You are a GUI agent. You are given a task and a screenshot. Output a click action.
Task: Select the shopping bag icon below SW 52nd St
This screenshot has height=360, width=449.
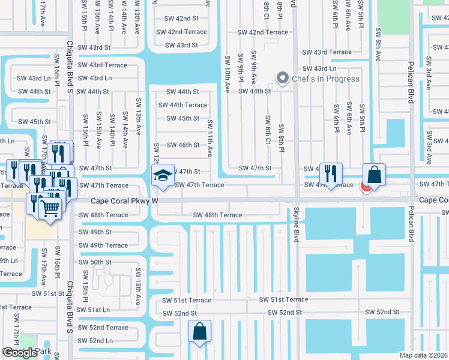(x=199, y=331)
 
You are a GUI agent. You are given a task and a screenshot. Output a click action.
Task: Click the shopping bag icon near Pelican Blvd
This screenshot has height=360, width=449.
(x=374, y=175)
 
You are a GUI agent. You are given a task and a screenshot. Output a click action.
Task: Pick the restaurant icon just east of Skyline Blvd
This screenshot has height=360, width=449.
(x=331, y=174)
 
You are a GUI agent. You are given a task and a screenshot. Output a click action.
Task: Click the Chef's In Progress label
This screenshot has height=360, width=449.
(x=325, y=79)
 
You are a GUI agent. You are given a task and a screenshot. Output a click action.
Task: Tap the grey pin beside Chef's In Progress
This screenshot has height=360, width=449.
(x=282, y=78)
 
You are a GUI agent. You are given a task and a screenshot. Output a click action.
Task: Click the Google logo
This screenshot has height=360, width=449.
(x=19, y=353)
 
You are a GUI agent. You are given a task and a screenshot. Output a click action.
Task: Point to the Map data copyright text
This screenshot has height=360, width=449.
(x=423, y=355)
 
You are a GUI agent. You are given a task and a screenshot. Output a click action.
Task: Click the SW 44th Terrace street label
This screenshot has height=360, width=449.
(x=183, y=105)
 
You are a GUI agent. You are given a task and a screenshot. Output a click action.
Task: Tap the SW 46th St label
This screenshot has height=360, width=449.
(x=183, y=145)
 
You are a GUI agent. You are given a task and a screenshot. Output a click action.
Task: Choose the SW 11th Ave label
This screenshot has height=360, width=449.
(x=211, y=138)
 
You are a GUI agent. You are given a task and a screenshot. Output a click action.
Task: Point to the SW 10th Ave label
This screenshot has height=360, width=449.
(x=227, y=74)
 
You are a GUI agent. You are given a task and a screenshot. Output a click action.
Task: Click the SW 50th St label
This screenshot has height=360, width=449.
(x=95, y=262)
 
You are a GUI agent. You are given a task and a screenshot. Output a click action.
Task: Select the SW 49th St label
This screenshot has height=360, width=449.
(x=95, y=232)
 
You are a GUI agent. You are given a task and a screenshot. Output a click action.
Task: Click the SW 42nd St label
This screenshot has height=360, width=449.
(x=181, y=19)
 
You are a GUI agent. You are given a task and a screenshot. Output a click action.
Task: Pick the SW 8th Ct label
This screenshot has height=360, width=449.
(x=268, y=127)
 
